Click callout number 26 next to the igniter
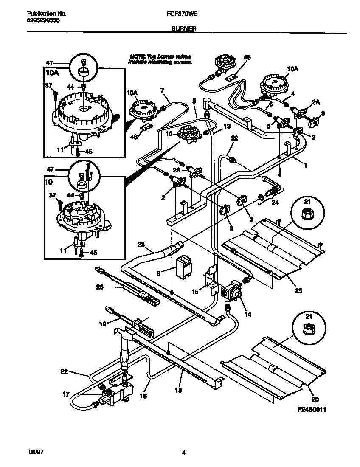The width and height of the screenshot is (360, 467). pyautogui.click(x=100, y=287)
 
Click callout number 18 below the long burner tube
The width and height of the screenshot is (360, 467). pyautogui.click(x=179, y=390)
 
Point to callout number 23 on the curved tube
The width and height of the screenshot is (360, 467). pyautogui.click(x=141, y=244)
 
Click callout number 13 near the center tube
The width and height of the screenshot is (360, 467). pyautogui.click(x=227, y=127)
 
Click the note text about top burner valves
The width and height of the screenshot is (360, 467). pyautogui.click(x=160, y=59)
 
